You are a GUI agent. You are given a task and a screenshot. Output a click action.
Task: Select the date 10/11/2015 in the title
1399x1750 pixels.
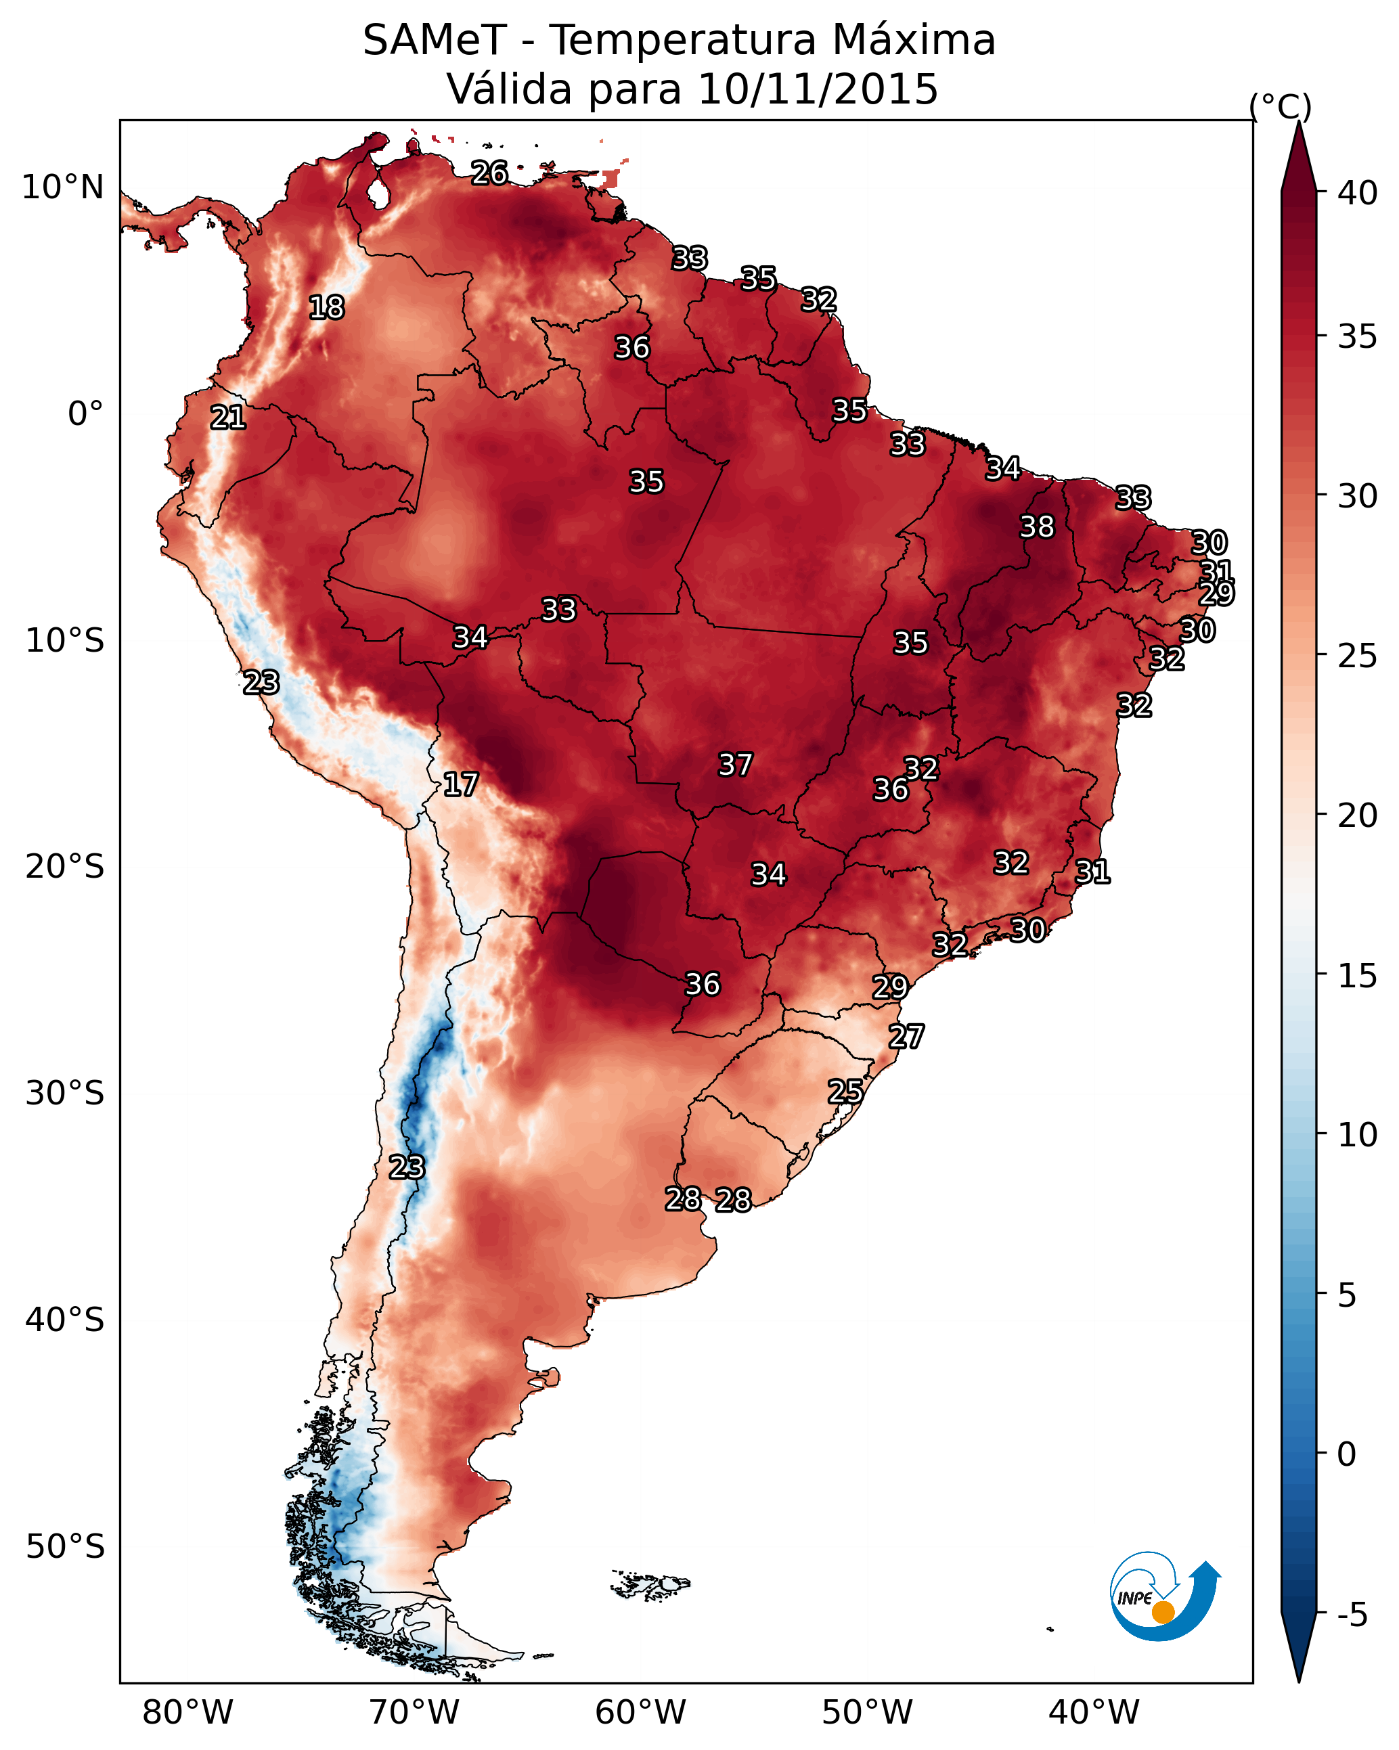pos(818,89)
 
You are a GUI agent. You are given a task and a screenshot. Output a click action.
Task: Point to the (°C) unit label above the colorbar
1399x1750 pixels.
pos(1280,106)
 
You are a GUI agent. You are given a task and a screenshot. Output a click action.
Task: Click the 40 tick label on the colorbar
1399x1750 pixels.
pos(1358,193)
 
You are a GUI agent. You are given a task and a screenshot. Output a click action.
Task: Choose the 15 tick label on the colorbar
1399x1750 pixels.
pos(1358,976)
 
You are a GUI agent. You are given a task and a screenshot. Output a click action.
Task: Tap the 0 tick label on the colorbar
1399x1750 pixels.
pos(1346,1454)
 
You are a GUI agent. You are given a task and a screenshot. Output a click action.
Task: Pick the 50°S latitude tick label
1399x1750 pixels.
pos(65,1546)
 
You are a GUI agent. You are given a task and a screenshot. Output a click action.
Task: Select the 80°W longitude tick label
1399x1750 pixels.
pos(187,1712)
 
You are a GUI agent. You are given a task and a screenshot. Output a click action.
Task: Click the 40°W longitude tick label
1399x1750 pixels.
pos(1094,1712)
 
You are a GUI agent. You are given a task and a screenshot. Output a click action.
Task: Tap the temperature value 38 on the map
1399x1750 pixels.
pos(1037,526)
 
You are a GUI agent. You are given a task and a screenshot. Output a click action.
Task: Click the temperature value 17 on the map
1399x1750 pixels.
pos(460,784)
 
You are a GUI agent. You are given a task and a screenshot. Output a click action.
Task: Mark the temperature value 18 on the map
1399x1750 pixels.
pos(326,308)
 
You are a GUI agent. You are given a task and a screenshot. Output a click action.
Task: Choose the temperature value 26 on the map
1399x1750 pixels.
pos(489,173)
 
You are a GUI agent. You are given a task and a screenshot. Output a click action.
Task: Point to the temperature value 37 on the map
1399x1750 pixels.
pos(735,765)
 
